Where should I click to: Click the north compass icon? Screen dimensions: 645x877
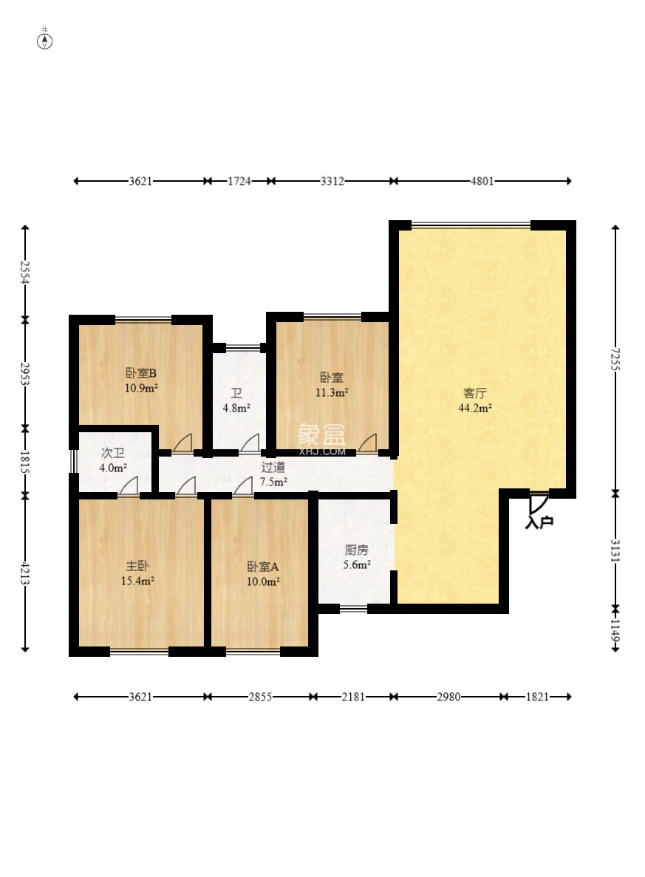[45, 41]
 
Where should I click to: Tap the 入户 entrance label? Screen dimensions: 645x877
[539, 522]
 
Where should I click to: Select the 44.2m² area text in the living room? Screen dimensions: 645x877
[475, 408]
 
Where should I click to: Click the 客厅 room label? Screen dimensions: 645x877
[475, 392]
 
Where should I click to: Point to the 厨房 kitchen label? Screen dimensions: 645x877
[356, 550]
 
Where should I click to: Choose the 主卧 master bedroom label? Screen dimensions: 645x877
[137, 566]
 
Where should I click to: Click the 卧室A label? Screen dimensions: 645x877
[263, 567]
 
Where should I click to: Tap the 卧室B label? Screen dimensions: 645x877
[141, 373]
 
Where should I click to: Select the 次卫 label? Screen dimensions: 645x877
[112, 453]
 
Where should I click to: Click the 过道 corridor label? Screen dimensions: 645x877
[273, 466]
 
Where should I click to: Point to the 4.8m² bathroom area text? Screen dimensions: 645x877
[236, 408]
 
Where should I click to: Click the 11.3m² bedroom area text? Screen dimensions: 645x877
[332, 392]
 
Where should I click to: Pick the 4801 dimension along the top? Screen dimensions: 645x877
[482, 181]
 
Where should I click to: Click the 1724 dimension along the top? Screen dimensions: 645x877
[239, 181]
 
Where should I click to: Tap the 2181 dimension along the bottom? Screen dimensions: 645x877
[354, 696]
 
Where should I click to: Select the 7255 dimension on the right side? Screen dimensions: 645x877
[615, 359]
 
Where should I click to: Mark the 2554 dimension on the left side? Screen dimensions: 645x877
[24, 273]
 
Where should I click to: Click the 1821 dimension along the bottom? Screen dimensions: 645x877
[537, 696]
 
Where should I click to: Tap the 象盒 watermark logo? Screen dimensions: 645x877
[321, 434]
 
